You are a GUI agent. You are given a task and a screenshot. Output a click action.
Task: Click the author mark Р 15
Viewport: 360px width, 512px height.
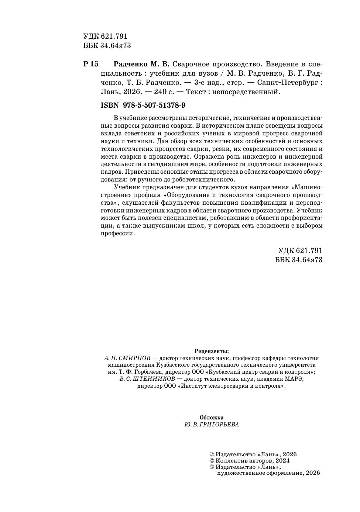[91, 64]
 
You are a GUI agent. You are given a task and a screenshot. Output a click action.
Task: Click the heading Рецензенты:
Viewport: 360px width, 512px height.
[212, 351]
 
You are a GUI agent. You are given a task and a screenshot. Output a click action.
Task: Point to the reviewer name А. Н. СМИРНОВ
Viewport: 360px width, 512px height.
[125, 358]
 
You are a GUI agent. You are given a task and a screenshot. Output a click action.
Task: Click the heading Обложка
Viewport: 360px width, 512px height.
[211, 418]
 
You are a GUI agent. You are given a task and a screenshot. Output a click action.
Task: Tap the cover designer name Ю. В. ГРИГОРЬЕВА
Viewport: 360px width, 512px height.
[211, 425]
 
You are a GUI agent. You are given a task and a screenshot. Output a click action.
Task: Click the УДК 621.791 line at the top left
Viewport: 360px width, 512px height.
[105, 37]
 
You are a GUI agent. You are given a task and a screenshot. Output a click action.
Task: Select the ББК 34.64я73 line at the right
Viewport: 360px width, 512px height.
[299, 260]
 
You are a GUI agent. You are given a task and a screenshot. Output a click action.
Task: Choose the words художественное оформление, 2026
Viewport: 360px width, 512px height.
[268, 473]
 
